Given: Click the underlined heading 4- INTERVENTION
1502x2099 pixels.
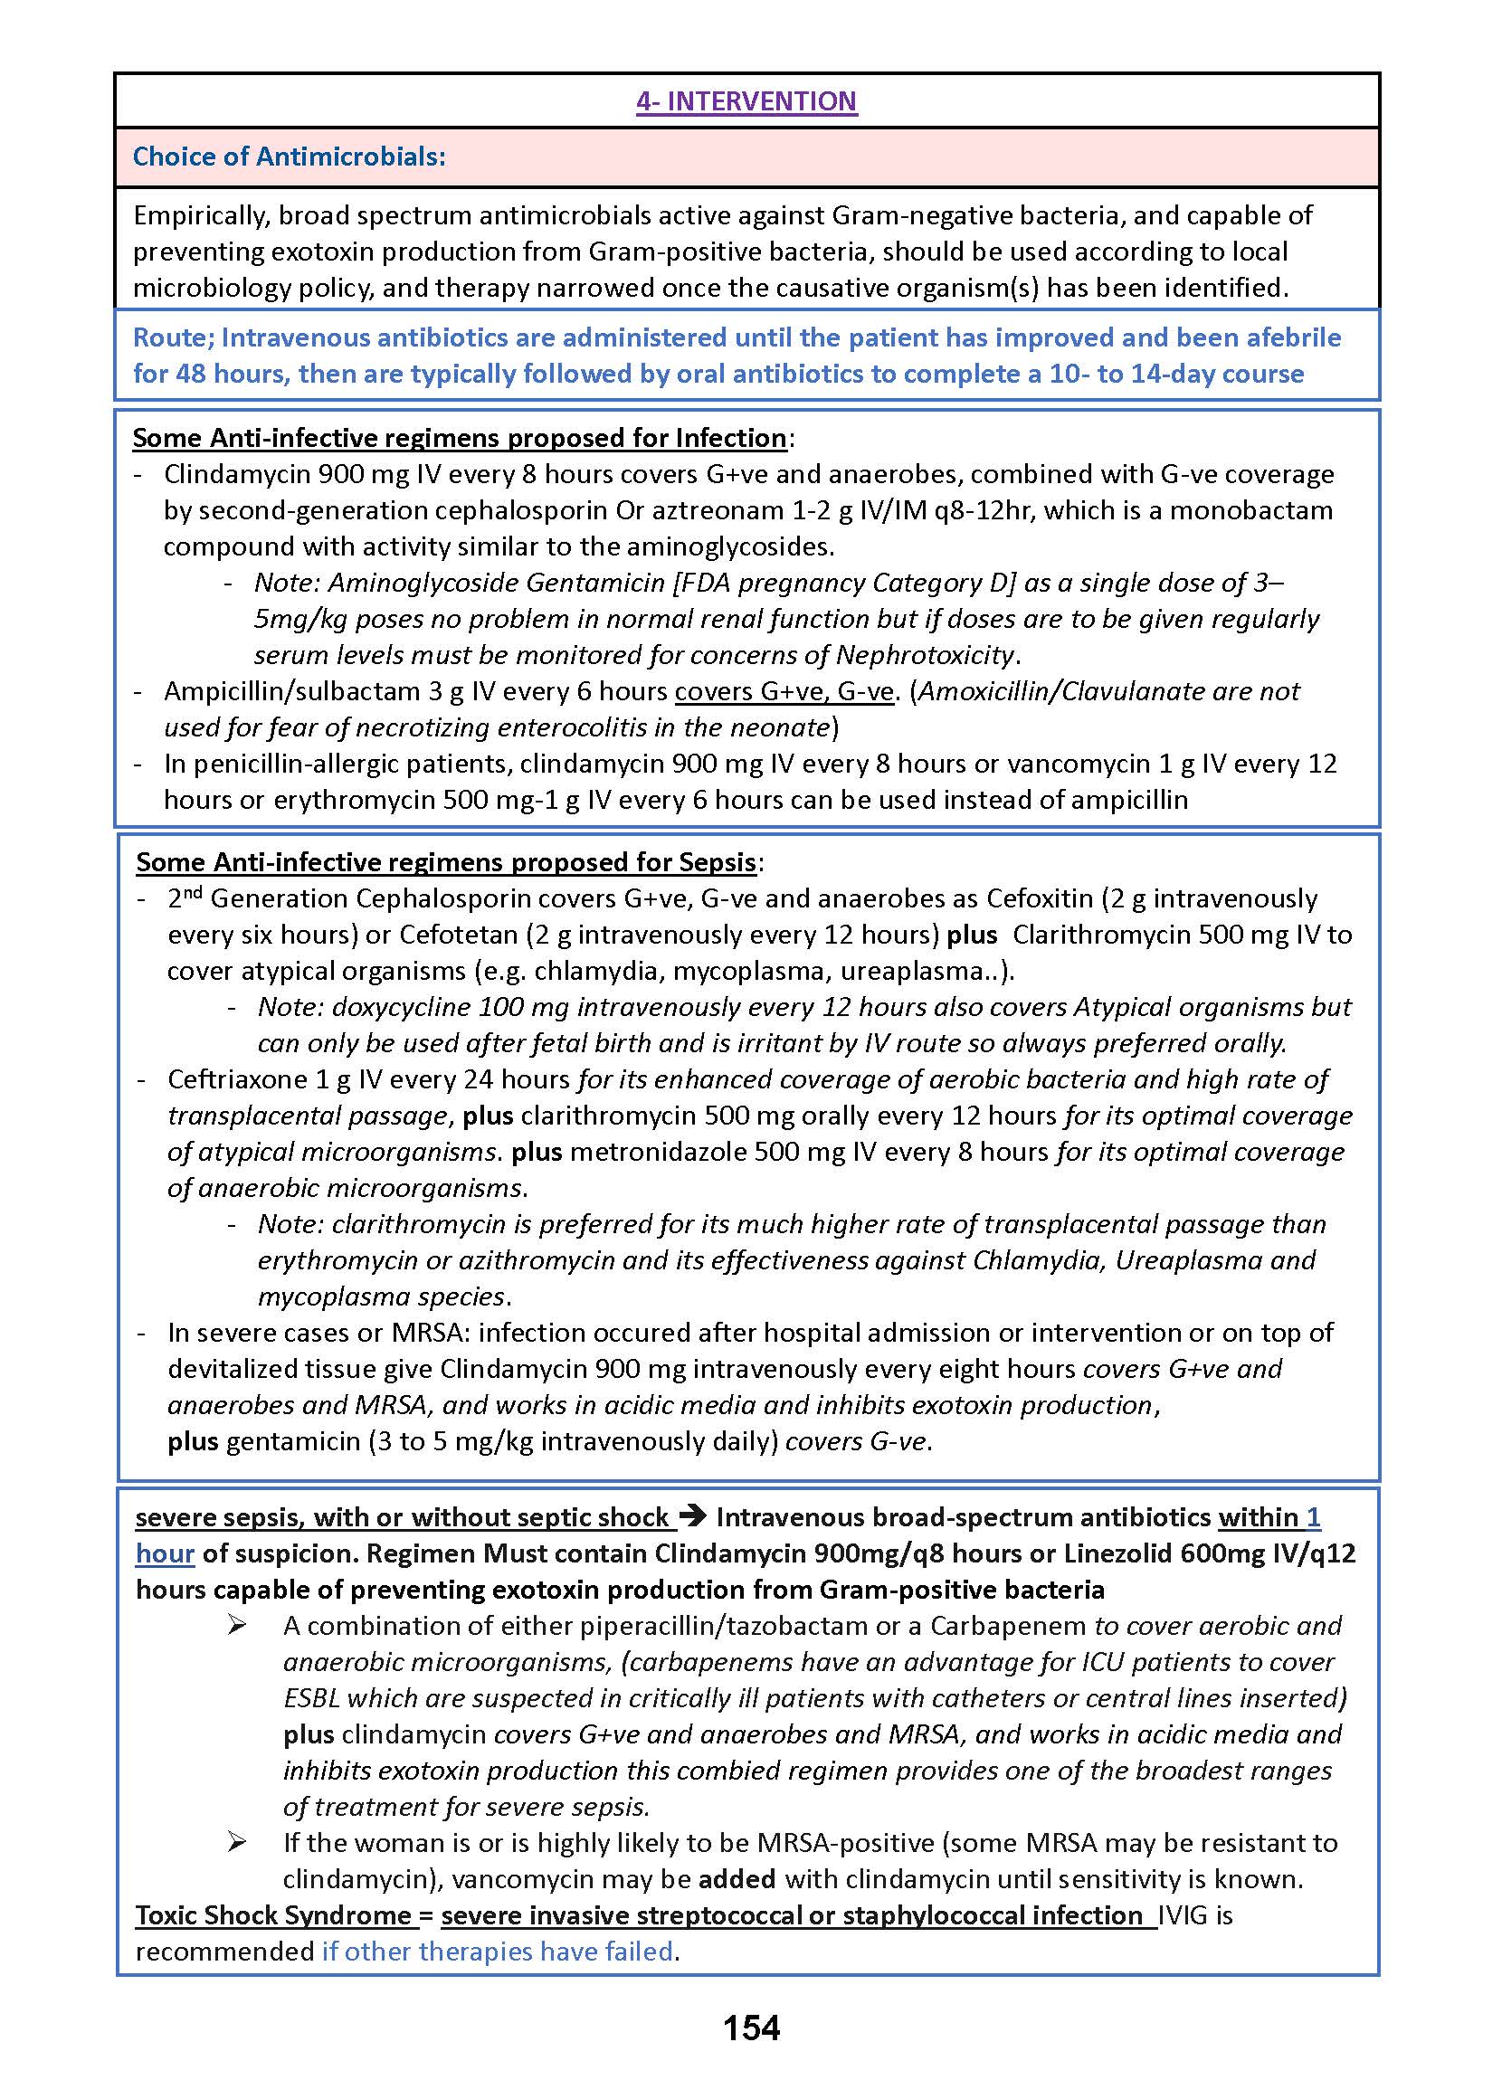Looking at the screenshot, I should (x=746, y=100).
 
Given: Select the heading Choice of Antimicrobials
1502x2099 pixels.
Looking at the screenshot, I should (x=289, y=157).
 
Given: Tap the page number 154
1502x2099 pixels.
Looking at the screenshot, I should (x=751, y=2028).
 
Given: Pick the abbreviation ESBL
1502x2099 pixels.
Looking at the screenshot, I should (x=310, y=1697).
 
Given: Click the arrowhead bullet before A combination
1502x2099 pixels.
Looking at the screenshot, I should (x=237, y=1626).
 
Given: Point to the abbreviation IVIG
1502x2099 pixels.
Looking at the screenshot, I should (x=1183, y=1915).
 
